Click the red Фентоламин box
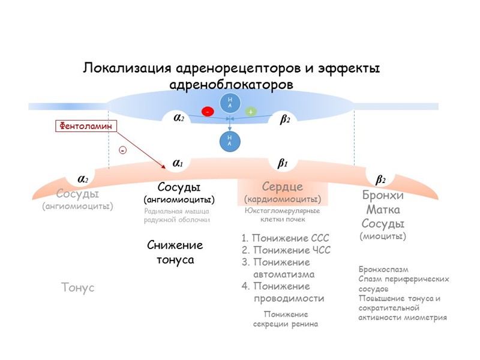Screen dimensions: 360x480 tap(86, 126)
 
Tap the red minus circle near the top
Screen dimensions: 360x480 tap(208, 112)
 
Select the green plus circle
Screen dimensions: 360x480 tap(251, 112)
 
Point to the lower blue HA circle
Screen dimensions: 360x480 tap(229, 141)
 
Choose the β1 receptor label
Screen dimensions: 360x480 tap(283, 163)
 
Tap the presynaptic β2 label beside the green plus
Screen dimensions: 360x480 tap(285, 119)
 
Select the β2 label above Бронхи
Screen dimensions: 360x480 tap(380, 179)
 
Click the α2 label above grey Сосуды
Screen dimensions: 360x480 tap(83, 178)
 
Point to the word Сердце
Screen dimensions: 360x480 tap(282, 187)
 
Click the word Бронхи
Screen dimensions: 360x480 tap(383, 196)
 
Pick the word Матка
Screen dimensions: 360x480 tap(383, 210)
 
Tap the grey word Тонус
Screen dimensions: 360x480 tap(78, 288)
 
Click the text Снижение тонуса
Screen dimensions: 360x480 tap(175, 253)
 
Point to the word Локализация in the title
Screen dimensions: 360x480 tap(125, 67)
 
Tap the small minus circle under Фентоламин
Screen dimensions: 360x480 tap(122, 150)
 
